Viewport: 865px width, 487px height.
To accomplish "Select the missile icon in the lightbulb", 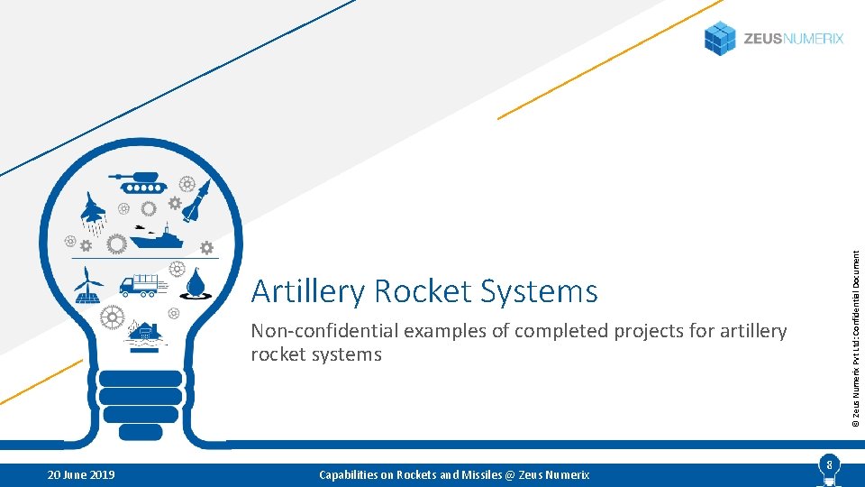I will point(197,200).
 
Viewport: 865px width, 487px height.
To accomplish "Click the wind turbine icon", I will point(87,285).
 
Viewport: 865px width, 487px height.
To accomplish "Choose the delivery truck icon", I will point(142,285).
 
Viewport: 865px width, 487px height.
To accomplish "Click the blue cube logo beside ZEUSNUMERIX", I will point(720,38).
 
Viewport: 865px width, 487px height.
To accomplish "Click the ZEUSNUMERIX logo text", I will point(793,39).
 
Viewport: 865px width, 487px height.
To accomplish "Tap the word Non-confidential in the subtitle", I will point(323,331).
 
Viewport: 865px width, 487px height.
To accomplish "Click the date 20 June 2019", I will point(80,474).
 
